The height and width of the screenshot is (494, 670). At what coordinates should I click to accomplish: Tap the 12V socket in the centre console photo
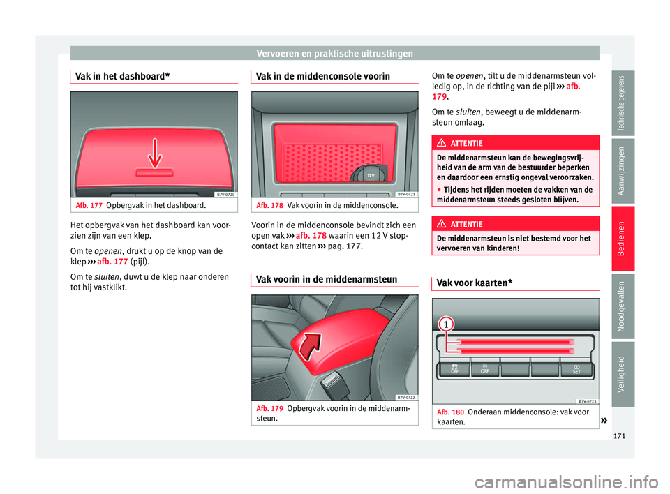pos(371,174)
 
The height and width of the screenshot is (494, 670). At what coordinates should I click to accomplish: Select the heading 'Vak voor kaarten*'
pos(472,283)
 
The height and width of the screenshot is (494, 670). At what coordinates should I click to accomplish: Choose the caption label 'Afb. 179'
pos(269,408)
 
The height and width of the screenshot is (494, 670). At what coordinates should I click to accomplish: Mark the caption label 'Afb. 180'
pos(449,412)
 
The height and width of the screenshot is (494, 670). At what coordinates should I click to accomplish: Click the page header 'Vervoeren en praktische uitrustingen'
pos(334,53)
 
